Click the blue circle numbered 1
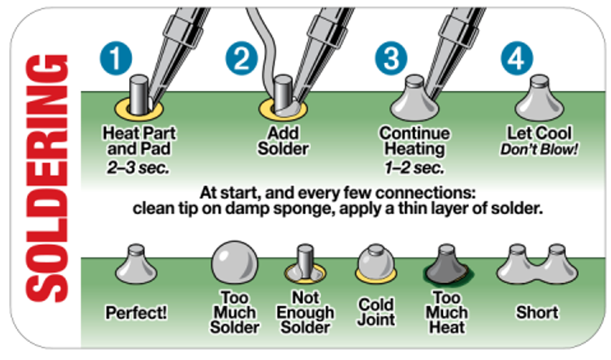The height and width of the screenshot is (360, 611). click(x=116, y=58)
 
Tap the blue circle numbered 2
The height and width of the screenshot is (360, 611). click(x=242, y=58)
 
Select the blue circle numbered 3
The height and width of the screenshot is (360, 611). click(x=391, y=58)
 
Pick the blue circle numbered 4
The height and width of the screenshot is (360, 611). click(x=517, y=58)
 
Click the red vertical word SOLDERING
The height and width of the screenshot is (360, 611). click(x=47, y=178)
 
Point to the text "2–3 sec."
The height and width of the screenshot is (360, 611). click(x=138, y=168)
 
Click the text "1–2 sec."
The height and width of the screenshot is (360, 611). click(x=414, y=168)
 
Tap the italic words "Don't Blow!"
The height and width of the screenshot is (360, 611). click(x=539, y=149)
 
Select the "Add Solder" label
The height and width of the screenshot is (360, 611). click(x=283, y=141)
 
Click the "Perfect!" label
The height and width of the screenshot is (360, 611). click(x=136, y=313)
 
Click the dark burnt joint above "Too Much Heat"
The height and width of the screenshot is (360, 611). click(x=447, y=264)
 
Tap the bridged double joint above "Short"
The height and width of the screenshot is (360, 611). click(x=537, y=264)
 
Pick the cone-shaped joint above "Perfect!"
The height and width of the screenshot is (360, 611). click(x=136, y=264)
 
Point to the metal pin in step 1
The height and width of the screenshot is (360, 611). click(x=138, y=95)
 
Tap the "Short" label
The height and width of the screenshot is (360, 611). click(x=537, y=313)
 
